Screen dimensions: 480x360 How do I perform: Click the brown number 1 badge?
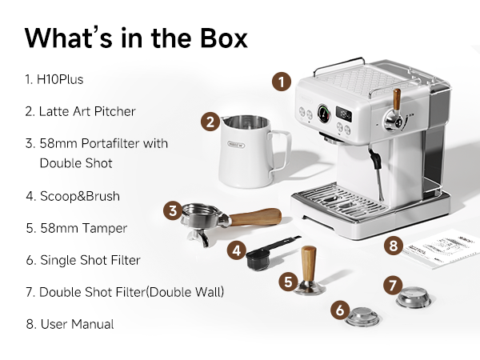coord(282,82)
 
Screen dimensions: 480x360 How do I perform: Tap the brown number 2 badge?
coord(210,122)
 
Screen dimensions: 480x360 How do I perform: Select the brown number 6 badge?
coord(340,310)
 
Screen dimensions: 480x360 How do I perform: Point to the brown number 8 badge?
coord(394,246)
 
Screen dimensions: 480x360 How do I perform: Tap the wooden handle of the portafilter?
coord(256,217)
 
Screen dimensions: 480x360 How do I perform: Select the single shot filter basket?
coord(363,317)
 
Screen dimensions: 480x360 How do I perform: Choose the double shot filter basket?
coord(414,297)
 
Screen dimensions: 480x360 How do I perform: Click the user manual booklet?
coord(441,249)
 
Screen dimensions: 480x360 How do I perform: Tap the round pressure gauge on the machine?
coord(324,114)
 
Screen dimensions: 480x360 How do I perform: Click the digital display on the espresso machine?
coord(343,113)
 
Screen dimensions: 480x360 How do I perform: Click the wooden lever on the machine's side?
coord(397,99)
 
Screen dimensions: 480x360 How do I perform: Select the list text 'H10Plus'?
coord(60,79)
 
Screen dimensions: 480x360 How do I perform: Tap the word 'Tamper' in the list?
coord(105,228)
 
